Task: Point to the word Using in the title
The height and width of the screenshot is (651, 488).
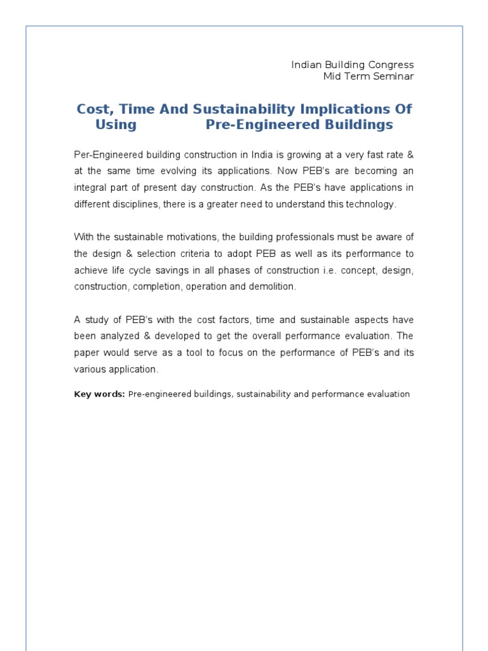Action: pyautogui.click(x=116, y=125)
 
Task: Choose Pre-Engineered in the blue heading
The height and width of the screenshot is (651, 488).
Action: pyautogui.click(x=254, y=125)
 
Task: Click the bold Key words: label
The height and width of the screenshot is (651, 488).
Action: pyautogui.click(x=100, y=394)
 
